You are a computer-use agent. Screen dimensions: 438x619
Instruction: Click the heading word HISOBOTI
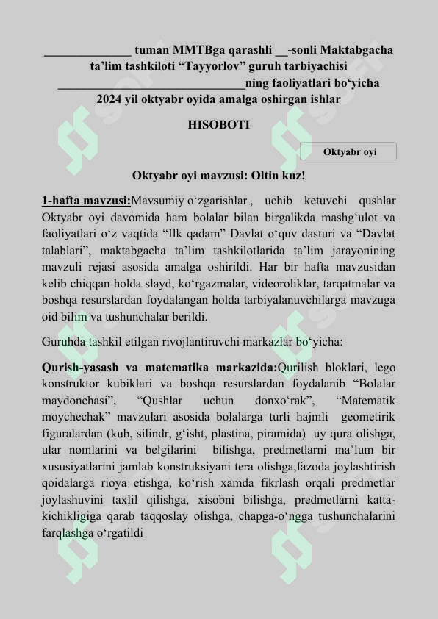click(x=218, y=125)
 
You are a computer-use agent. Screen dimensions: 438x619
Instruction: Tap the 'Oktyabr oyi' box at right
click(x=349, y=151)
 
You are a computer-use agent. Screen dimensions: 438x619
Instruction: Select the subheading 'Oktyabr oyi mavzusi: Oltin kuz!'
click(x=218, y=176)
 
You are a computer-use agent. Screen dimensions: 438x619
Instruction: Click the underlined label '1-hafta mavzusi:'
click(x=86, y=201)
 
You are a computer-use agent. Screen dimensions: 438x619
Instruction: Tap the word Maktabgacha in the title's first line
click(x=356, y=50)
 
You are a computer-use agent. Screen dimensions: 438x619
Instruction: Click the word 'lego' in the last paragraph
click(x=384, y=368)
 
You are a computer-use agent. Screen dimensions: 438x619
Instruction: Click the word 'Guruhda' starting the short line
click(x=63, y=342)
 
